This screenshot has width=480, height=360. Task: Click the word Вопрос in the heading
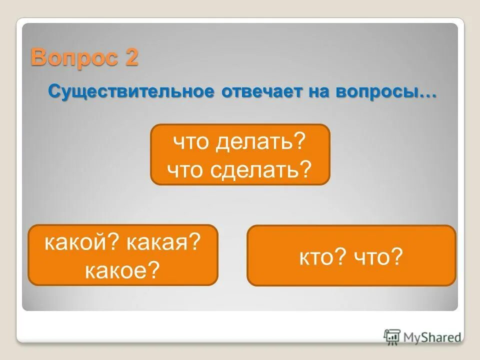coord(73,58)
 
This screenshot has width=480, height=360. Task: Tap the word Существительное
coord(131,92)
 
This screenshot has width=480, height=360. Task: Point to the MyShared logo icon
coord(392,336)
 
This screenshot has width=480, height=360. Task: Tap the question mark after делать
coord(300,143)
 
